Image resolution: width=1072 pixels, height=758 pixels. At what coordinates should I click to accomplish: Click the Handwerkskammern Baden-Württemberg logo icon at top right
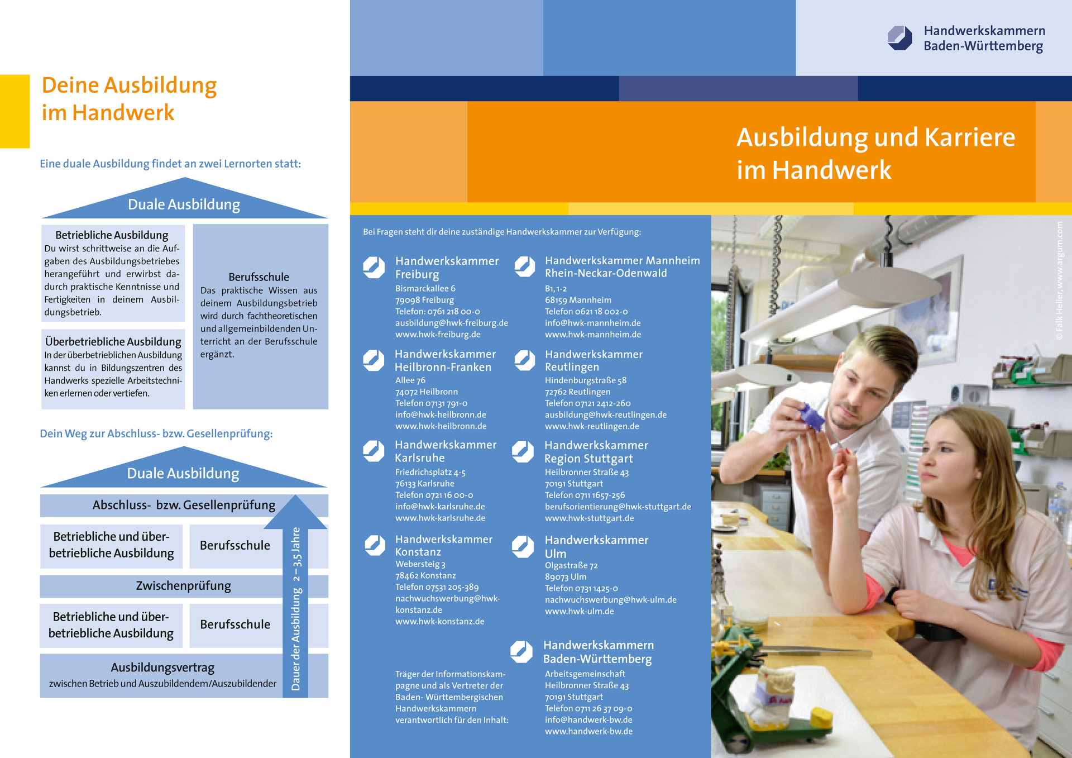coord(899,38)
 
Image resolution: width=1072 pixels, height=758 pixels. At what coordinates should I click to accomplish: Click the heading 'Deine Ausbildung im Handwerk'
coord(129,99)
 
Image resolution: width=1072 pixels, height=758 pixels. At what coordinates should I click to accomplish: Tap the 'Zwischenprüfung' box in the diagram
coord(183,586)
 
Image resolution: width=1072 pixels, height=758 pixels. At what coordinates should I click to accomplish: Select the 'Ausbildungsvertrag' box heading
coord(162,668)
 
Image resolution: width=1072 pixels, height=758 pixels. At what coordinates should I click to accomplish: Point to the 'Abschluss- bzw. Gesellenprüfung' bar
coord(184,506)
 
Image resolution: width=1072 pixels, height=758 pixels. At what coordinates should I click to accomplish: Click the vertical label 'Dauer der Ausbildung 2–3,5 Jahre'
coord(296,609)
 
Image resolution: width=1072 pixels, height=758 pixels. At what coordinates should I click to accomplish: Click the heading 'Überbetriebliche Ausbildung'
coord(113,341)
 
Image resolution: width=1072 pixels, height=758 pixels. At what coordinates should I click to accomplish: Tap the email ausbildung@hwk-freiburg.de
coord(451,323)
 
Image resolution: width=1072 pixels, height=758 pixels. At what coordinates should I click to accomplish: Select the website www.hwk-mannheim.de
coord(593,335)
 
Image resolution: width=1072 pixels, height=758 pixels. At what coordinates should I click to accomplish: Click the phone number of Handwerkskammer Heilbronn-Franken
coord(431,403)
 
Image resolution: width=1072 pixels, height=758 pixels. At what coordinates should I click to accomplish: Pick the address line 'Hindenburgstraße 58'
coord(586,380)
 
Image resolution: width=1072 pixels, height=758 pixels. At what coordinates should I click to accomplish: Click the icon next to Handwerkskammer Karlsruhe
coord(374,451)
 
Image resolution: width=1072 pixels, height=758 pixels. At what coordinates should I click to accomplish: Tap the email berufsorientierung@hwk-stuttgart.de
coord(618,507)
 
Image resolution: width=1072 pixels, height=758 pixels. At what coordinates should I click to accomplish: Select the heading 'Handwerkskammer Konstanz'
coord(444,545)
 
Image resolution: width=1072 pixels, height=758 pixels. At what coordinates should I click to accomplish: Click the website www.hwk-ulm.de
coord(579,611)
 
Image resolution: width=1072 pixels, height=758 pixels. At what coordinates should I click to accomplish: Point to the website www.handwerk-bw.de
coord(588,731)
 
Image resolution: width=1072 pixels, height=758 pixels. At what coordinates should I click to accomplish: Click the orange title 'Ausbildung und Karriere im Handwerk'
coord(875,153)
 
